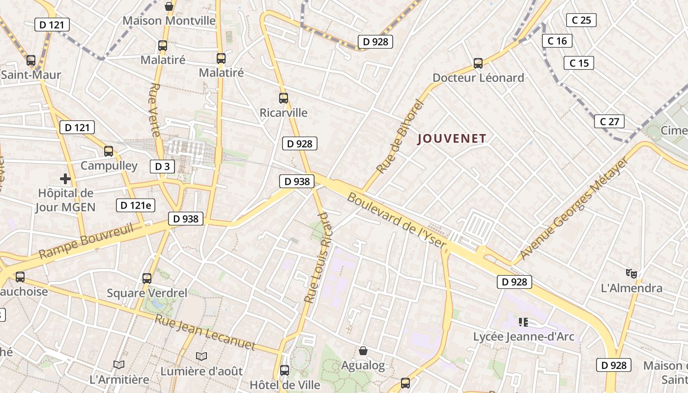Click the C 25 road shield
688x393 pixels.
coord(581,20)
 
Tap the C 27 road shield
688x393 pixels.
coord(609,121)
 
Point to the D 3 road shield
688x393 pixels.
coord(162,167)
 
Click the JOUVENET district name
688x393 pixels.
coord(452,139)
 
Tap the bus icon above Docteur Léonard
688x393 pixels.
coord(478,63)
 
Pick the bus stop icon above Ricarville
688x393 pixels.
coord(284,98)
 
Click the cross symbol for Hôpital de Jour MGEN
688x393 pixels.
coord(65,178)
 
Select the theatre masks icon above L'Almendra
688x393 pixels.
coord(631,273)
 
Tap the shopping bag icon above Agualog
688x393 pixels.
coord(363,350)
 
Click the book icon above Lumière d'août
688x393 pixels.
coord(201,356)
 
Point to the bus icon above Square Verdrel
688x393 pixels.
coord(147,279)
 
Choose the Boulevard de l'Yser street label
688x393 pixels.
coord(397,221)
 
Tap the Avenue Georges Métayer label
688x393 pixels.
coord(573,209)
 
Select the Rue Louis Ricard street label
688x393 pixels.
coord(318,257)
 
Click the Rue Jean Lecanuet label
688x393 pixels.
coord(205,332)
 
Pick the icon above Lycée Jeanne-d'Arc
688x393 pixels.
coord(523,322)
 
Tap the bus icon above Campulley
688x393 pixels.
coord(109,151)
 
